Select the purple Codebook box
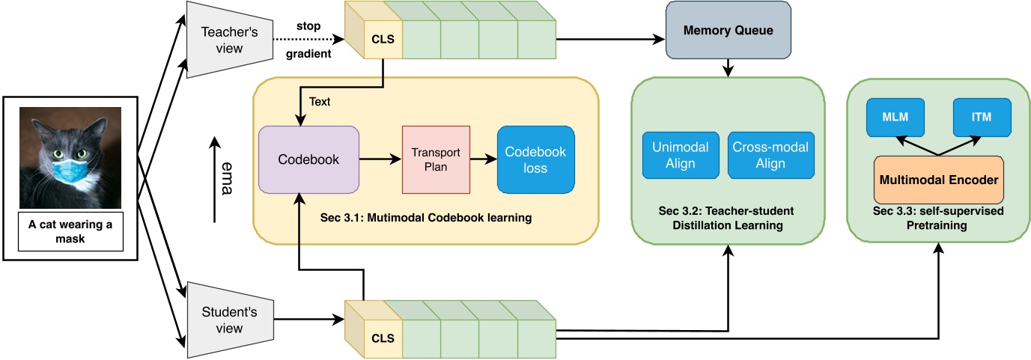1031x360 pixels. [308, 159]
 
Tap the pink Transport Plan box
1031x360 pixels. [435, 159]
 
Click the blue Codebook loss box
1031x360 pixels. [535, 159]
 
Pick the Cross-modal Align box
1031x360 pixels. [770, 156]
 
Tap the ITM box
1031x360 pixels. [982, 118]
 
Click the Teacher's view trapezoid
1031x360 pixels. [228, 39]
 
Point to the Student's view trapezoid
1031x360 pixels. [228, 320]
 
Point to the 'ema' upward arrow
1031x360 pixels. [215, 180]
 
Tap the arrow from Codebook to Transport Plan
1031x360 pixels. [380, 159]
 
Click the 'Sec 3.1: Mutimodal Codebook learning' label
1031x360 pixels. [425, 218]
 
